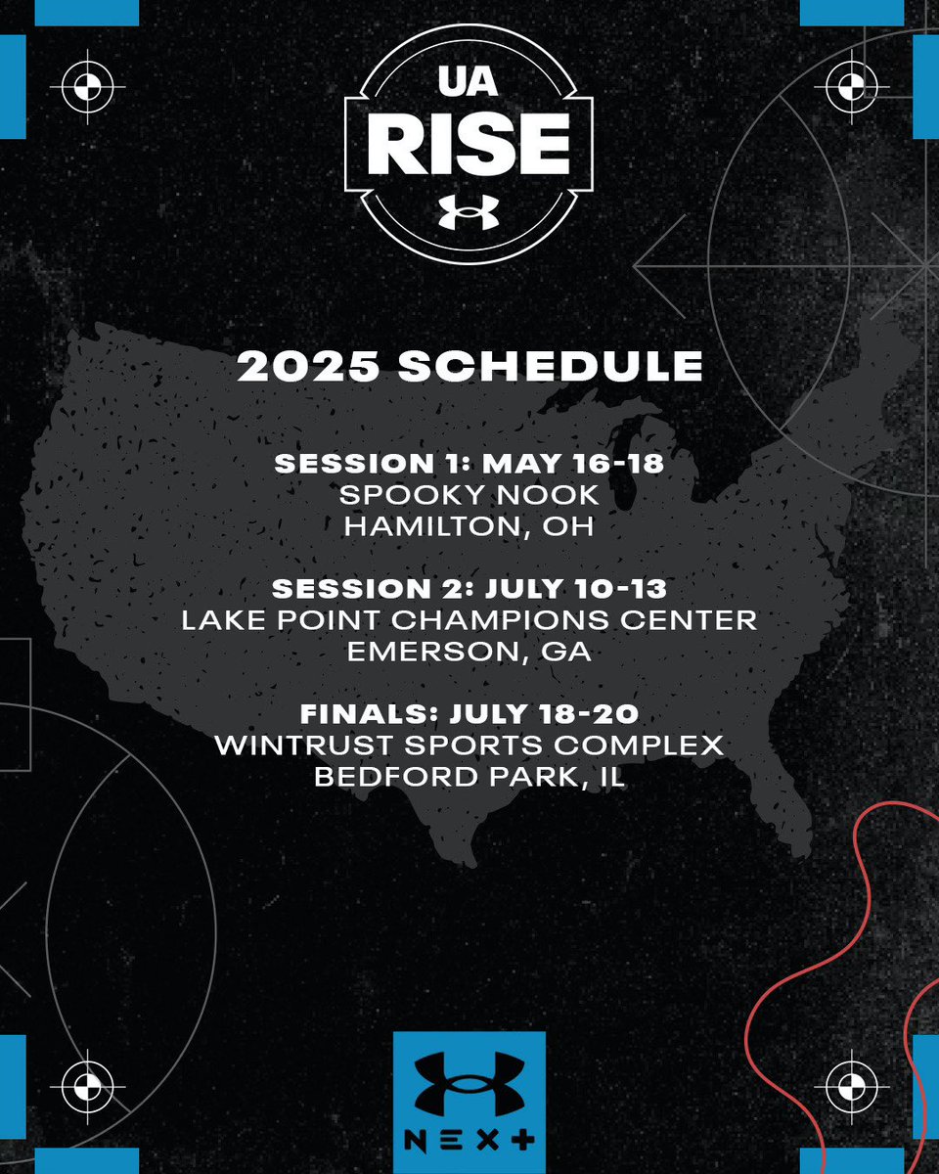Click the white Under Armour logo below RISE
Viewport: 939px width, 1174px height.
pos(469,212)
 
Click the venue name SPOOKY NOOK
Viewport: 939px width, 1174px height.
pos(469,496)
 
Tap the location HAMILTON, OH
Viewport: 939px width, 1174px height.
pos(469,527)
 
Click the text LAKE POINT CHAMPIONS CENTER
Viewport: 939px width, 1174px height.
pos(469,621)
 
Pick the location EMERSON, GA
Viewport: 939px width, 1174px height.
pos(469,653)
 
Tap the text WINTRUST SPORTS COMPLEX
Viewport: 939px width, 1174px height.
pos(469,745)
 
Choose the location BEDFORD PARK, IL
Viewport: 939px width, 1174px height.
pos(469,777)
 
